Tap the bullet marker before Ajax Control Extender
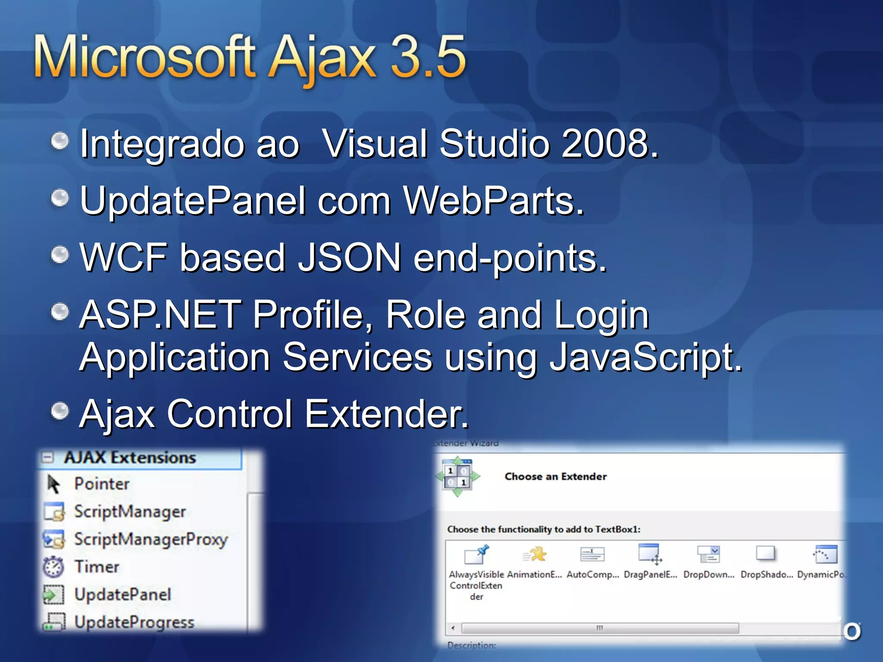click(60, 411)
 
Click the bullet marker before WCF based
click(60, 254)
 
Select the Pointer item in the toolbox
click(102, 484)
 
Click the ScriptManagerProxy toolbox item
click(150, 539)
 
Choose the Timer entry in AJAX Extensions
click(97, 567)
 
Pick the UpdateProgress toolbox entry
click(134, 622)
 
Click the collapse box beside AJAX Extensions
click(48, 457)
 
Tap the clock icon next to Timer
click(53, 567)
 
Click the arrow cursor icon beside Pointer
click(53, 484)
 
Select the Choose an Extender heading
click(555, 477)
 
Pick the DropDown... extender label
click(708, 575)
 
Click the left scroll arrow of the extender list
click(453, 628)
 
